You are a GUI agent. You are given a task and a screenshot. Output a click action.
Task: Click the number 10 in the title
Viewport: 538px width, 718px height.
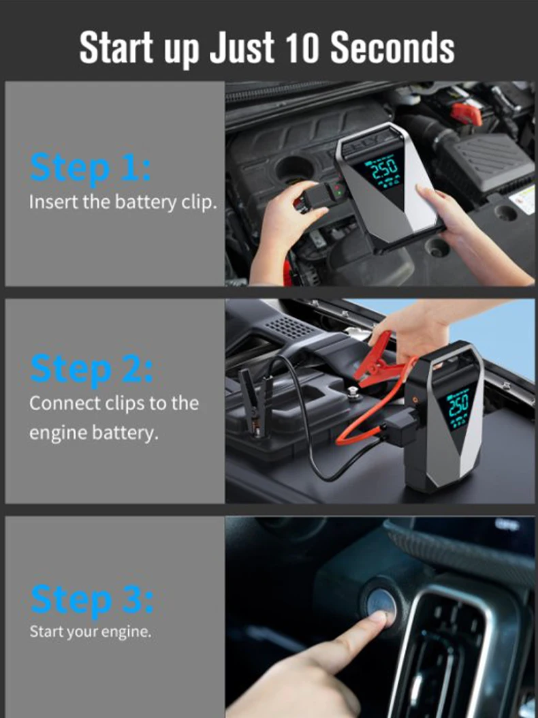tap(301, 48)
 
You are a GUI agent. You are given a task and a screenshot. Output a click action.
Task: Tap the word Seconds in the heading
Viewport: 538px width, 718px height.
tap(392, 48)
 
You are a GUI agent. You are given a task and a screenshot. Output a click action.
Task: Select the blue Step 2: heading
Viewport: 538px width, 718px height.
tap(91, 369)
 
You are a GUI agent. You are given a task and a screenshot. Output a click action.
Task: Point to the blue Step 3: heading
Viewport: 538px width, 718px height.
tap(91, 599)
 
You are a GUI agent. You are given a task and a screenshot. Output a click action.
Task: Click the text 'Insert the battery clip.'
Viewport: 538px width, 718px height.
tap(123, 202)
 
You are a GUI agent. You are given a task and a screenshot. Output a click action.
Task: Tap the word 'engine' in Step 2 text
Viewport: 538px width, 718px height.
tap(59, 433)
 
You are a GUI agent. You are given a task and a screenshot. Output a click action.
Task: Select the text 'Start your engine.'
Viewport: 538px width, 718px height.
tap(90, 632)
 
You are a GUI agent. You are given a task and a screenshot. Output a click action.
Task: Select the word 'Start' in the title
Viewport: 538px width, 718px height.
tap(116, 48)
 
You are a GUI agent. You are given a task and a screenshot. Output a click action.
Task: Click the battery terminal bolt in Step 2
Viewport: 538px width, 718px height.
tap(353, 393)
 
